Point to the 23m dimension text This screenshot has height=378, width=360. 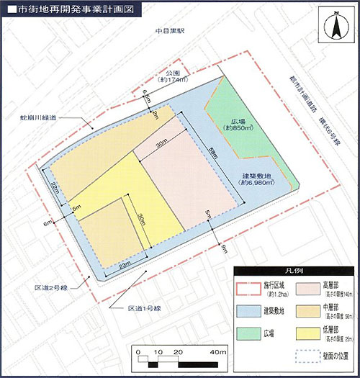124,266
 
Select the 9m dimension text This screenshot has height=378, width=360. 224,248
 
